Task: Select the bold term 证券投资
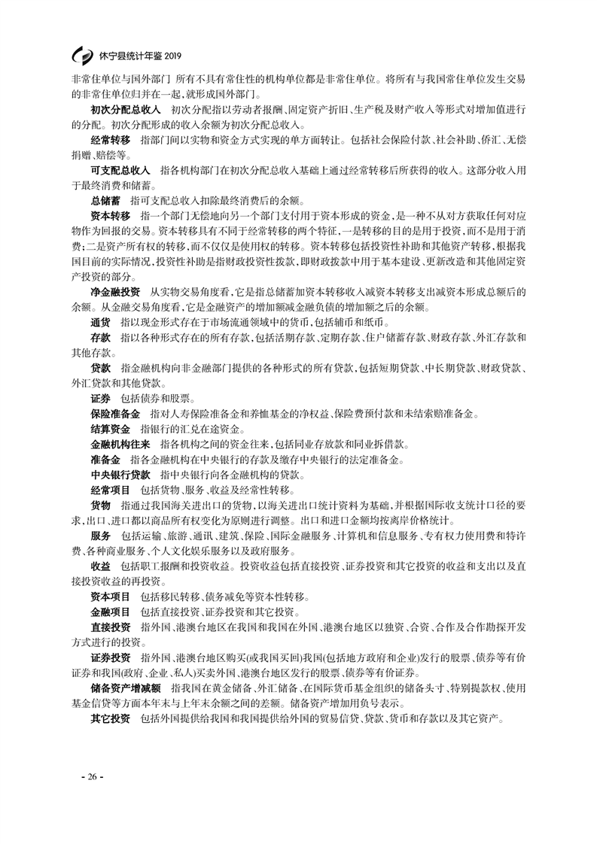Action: [x=110, y=657]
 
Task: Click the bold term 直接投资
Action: [x=110, y=626]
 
